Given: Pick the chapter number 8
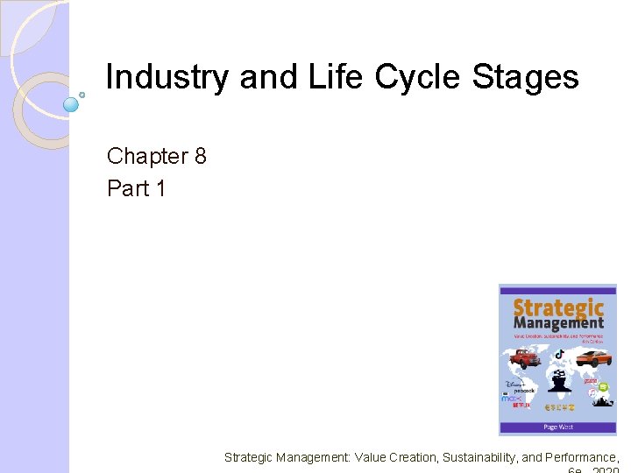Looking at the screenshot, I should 201,157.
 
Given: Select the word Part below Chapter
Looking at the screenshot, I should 128,188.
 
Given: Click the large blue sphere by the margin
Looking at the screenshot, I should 71,105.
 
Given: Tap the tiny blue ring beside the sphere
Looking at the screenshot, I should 82,93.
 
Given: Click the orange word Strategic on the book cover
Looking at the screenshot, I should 557,308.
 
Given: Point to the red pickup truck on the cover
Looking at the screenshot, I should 524,357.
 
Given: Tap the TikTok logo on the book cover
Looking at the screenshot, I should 557,353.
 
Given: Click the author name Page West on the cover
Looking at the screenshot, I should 557,427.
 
